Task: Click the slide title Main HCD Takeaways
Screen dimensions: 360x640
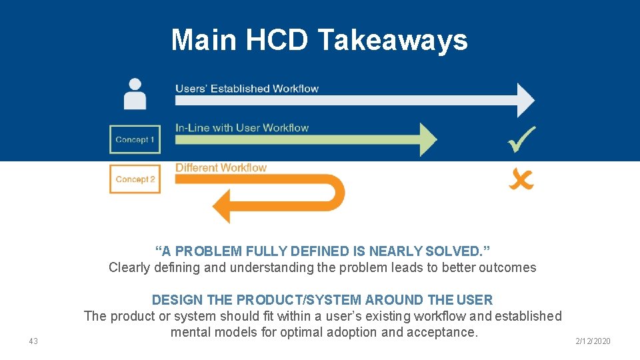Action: click(x=319, y=40)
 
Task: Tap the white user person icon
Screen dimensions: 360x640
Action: click(x=135, y=94)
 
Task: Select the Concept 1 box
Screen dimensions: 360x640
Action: click(x=135, y=139)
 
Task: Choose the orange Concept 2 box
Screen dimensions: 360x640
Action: click(x=135, y=179)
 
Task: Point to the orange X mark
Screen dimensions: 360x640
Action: click(x=521, y=179)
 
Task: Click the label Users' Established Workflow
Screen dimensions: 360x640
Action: click(x=247, y=89)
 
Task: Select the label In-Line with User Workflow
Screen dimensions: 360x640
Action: click(x=242, y=128)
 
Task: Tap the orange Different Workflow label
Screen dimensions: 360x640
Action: click(x=221, y=168)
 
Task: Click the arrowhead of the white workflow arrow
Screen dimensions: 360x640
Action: click(x=525, y=100)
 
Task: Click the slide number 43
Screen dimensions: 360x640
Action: click(x=33, y=341)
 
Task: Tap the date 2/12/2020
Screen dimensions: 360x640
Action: click(x=593, y=341)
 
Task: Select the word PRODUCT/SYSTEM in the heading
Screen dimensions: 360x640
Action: click(x=287, y=300)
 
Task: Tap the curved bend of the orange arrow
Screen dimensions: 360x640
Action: click(x=337, y=193)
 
